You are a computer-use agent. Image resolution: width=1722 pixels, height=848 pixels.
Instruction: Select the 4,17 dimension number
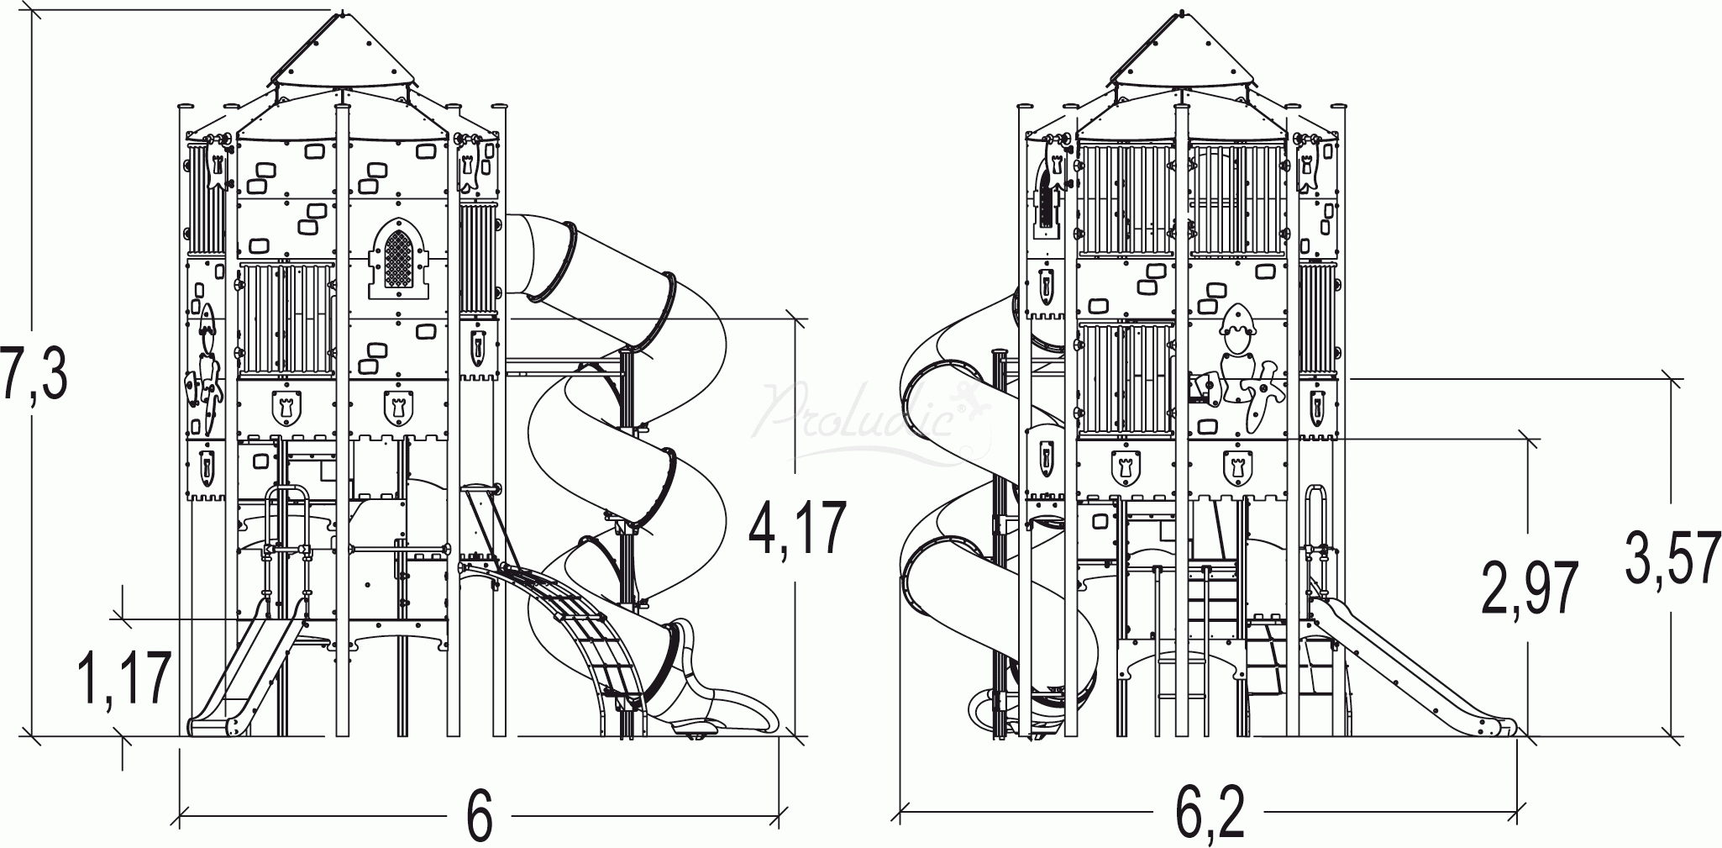(798, 527)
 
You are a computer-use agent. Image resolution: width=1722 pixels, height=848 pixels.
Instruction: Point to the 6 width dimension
(480, 815)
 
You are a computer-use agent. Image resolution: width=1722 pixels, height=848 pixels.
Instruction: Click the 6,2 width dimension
(1210, 814)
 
